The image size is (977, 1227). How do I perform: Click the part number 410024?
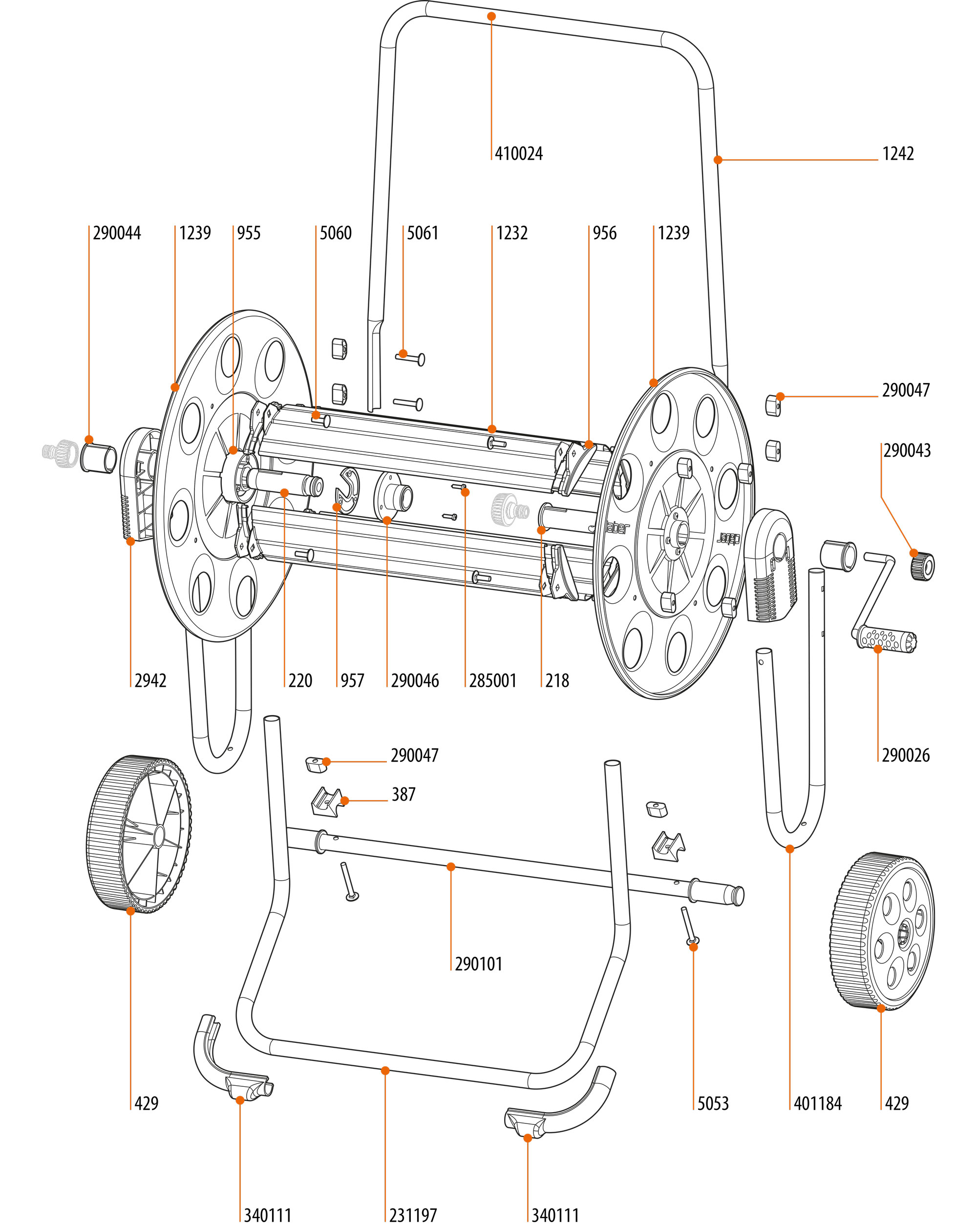point(518,154)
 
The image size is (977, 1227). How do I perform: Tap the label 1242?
point(898,154)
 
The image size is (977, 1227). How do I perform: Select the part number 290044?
point(117,233)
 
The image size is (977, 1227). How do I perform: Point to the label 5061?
point(422,233)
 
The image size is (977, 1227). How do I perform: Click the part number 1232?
point(511,233)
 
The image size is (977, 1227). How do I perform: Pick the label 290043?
point(907,451)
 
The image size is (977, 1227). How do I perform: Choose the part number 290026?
point(906,756)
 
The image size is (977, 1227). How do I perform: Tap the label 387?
point(404,795)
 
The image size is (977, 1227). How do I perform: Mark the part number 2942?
point(150,680)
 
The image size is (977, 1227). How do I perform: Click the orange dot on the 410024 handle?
point(491,17)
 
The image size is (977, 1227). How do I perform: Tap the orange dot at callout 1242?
point(718,160)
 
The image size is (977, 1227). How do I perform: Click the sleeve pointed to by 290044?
point(99,457)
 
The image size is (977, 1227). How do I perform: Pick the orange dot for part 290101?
point(451,867)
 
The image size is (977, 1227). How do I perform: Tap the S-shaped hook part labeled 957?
point(347,489)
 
